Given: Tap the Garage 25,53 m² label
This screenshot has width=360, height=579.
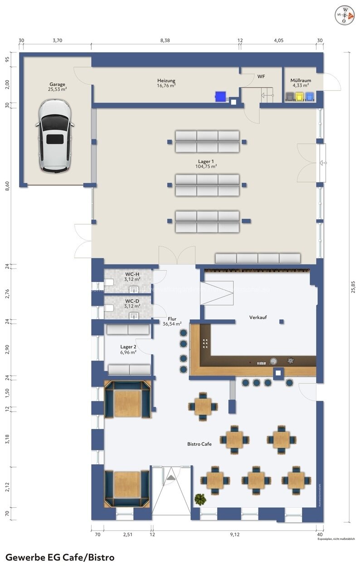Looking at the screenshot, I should [58, 87].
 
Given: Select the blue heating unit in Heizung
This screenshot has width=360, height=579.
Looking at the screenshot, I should [220, 96].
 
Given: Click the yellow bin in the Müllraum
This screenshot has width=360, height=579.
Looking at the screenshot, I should [300, 96].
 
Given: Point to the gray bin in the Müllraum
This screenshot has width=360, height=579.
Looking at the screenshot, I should [290, 96].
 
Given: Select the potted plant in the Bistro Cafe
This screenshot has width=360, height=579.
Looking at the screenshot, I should [200, 499].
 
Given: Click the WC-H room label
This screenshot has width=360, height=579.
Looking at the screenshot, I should [132, 277].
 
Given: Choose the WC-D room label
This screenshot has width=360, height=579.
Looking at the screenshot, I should [132, 303].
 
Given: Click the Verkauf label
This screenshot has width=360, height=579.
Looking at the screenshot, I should [258, 317].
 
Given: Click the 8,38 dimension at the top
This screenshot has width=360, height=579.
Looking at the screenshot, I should [165, 40].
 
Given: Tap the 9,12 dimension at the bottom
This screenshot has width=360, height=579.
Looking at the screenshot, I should [234, 535].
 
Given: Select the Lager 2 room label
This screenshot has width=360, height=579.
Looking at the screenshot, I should [128, 349].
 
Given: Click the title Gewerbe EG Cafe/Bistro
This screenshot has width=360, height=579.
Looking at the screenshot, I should [60, 557].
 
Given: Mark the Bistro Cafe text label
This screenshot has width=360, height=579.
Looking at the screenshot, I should [199, 444].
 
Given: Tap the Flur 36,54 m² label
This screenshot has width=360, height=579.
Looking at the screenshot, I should [172, 321].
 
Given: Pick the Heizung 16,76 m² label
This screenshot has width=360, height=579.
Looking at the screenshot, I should [166, 83].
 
